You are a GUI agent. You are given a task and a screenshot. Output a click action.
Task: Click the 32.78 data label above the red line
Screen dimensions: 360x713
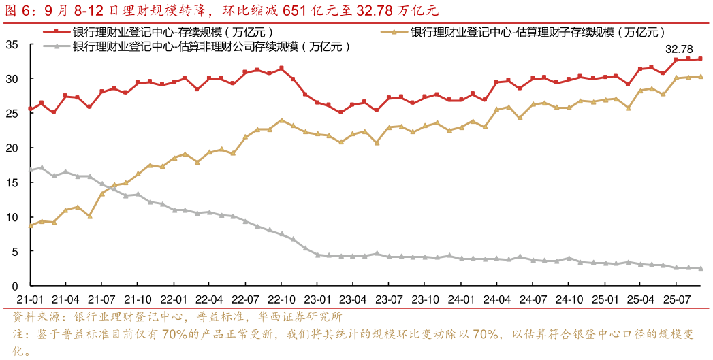coord(679,49)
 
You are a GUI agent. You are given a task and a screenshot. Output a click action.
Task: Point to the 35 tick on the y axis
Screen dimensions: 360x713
coord(12,44)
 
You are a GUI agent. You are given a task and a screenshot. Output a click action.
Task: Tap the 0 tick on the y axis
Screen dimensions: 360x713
coord(16,286)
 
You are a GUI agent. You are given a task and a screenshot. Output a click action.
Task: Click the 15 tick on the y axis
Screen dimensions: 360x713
coord(12,182)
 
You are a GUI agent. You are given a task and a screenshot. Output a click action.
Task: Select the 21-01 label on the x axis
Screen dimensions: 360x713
coord(30,299)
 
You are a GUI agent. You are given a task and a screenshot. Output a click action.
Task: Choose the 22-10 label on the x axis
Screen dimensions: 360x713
coord(281,299)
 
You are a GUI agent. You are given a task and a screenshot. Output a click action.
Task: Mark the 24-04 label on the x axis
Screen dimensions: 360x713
coord(496,299)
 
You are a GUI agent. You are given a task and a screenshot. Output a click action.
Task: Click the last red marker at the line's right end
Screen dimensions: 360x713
coord(699,59)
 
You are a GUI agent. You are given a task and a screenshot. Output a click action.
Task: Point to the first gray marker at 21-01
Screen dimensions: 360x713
coord(30,169)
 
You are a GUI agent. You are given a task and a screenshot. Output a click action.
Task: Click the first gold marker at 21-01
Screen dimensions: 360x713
coord(30,225)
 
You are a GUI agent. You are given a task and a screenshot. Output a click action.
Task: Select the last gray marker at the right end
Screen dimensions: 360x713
coord(699,268)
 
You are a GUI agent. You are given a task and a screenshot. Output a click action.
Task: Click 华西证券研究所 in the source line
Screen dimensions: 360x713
coord(300,317)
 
